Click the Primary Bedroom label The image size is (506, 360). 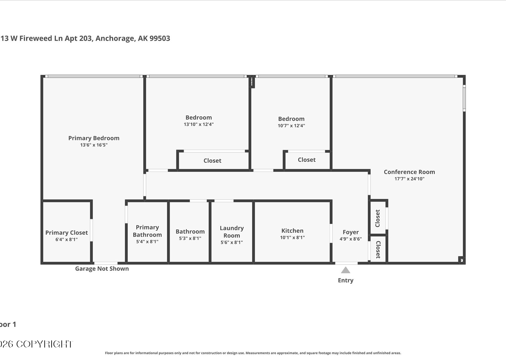click(94, 138)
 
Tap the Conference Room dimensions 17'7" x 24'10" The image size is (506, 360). click(409, 179)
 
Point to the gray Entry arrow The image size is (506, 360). click(345, 270)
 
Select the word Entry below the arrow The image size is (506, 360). click(346, 280)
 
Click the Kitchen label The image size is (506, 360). click(292, 231)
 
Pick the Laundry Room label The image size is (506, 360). click(232, 232)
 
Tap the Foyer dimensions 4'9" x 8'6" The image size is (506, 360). click(350, 239)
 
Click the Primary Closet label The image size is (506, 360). click(67, 232)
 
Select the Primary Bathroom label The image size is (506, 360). click(147, 231)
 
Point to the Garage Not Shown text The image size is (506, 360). click(102, 269)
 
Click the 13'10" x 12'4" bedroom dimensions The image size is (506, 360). click(199, 124)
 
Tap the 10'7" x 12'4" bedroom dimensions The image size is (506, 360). click(291, 126)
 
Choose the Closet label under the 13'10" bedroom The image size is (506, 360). click(212, 161)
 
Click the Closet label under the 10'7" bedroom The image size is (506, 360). click(307, 160)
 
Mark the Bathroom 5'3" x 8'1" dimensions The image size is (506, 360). click(190, 239)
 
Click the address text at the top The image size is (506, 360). click(85, 38)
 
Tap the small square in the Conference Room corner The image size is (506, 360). click(461, 260)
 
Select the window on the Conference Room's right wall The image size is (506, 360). click(464, 98)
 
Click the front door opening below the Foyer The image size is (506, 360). click(346, 263)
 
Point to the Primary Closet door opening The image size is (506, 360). click(91, 230)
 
